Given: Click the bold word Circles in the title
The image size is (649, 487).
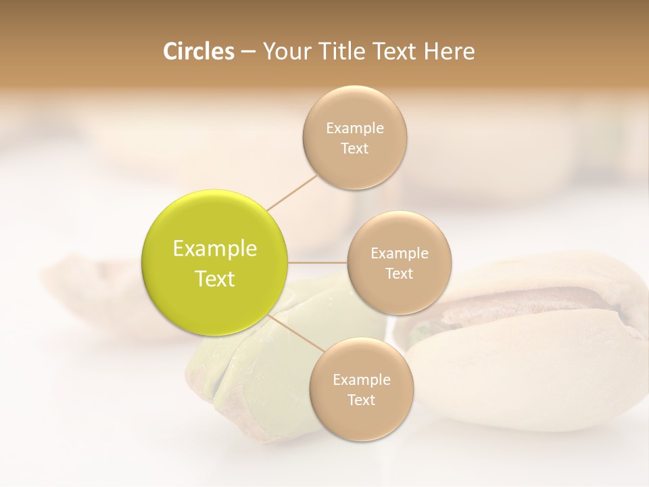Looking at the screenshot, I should pos(198,51).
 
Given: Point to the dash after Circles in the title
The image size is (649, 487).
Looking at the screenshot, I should pos(248,52).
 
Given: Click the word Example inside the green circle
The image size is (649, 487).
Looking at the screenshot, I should pos(215,249).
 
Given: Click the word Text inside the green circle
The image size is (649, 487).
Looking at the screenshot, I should pos(215,279).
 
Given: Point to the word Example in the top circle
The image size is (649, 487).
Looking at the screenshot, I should pos(354,128).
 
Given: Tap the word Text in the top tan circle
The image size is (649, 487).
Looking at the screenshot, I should pos(354,148).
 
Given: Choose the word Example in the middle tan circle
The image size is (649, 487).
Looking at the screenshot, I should pos(399,253).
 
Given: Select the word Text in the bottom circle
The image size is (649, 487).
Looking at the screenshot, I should pos(361,400).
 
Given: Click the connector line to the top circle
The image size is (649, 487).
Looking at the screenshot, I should pos(292,192).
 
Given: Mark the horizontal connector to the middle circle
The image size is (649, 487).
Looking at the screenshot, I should pos(317,262).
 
